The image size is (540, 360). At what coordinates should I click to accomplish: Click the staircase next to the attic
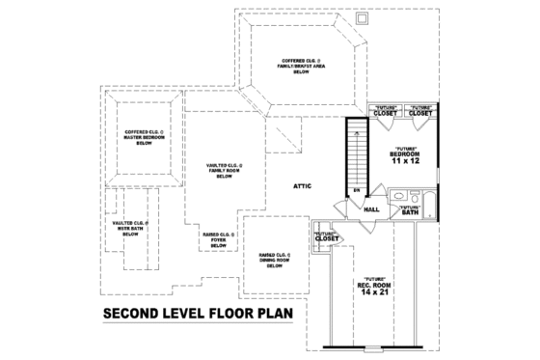356,159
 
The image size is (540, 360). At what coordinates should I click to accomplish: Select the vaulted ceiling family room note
224,171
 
